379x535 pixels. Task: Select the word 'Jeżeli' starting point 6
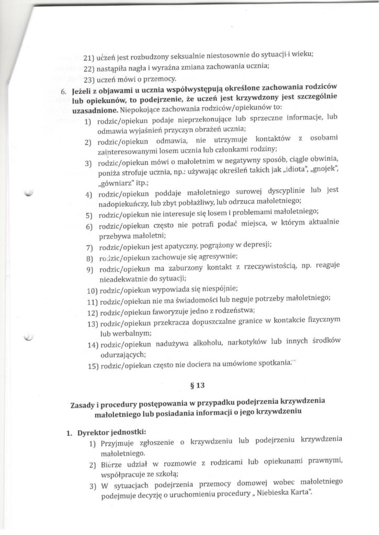click(x=83, y=90)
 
